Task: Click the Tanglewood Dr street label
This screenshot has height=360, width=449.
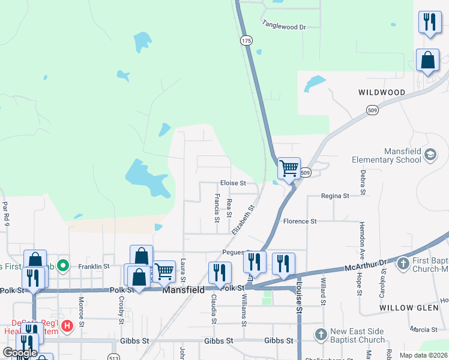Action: pos(284,26)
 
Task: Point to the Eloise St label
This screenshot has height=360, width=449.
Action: pos(233,182)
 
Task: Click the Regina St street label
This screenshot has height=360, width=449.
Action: pos(335,196)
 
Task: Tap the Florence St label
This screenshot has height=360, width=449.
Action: pos(300,221)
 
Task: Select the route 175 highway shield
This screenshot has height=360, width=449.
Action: pos(246,40)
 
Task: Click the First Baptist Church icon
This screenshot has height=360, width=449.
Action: pos(403,263)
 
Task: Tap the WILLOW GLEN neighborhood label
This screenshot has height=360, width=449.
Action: pos(405,308)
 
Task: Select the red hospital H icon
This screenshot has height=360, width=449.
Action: pos(67,326)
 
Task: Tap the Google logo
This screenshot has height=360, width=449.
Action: pos(20,353)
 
